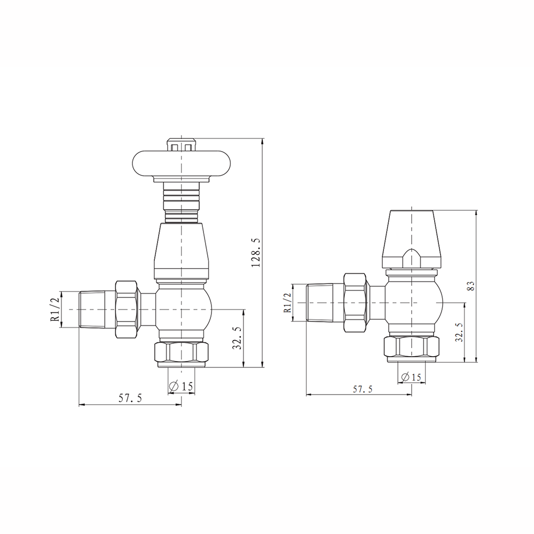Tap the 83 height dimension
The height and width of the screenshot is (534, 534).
click(470, 285)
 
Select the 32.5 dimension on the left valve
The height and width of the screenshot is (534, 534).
click(238, 338)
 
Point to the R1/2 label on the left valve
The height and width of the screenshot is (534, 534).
click(55, 310)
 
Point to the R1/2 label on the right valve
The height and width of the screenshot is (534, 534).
click(287, 303)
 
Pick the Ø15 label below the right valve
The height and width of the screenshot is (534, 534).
click(411, 377)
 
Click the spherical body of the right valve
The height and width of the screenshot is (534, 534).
click(412, 303)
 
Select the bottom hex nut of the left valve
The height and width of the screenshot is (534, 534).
click(182, 352)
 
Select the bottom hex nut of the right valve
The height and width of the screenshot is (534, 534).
click(412, 347)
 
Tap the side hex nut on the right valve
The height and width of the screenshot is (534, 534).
click(356, 303)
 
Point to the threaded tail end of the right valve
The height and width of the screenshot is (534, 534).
click(319, 303)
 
